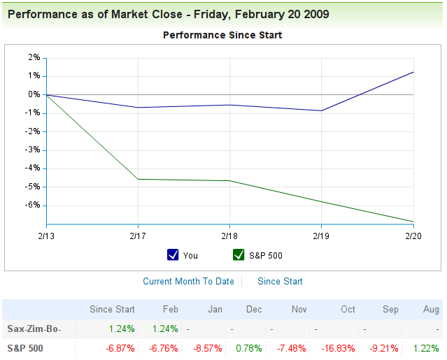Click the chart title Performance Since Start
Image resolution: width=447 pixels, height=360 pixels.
tap(222, 34)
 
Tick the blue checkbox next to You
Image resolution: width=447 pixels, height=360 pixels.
tap(173, 255)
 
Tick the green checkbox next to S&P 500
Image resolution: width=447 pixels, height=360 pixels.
tap(239, 255)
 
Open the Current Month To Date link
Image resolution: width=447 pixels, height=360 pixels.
tap(188, 281)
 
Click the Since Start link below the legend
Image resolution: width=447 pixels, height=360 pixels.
tap(280, 281)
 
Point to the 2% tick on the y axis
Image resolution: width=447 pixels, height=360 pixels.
tap(34, 57)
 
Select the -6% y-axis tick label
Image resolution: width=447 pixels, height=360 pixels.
tap(32, 206)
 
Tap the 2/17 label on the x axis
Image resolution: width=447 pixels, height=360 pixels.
tap(139, 237)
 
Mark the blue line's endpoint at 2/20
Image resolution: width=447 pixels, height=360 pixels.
tap(413, 72)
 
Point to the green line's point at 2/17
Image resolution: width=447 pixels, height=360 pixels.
tap(139, 179)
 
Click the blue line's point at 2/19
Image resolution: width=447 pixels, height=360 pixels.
tap(322, 110)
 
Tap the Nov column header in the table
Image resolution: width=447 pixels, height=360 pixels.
tap(299, 309)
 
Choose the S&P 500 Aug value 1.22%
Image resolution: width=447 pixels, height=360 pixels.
tap(426, 347)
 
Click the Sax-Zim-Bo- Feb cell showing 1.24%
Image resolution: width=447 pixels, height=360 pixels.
tap(164, 329)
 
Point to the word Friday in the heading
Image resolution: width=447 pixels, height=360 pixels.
tap(214, 14)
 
